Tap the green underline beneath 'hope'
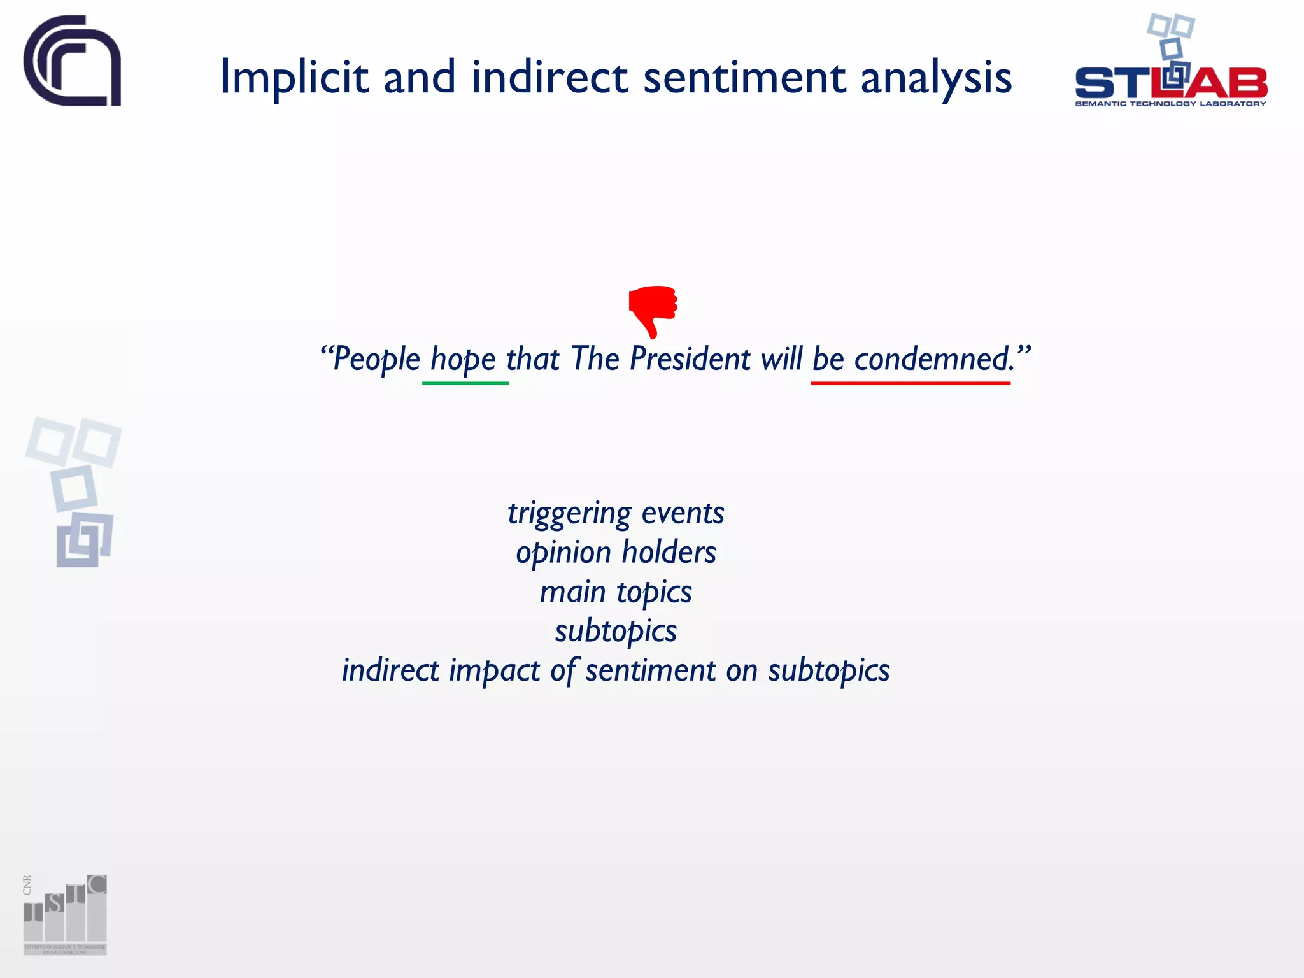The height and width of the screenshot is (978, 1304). (465, 383)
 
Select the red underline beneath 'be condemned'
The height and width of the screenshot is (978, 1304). (910, 383)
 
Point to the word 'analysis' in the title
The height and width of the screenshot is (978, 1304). (935, 78)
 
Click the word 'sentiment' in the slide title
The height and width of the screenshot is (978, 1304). (744, 78)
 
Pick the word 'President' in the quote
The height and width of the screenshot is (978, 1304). (690, 358)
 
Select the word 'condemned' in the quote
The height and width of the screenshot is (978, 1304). (932, 358)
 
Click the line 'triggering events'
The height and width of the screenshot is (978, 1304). (616, 513)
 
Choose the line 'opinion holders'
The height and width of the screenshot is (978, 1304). (616, 553)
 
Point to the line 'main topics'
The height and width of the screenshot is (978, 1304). (616, 592)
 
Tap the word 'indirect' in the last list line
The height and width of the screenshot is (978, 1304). (390, 670)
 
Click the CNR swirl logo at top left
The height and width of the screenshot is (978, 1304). (72, 61)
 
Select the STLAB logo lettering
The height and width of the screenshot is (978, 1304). (1170, 83)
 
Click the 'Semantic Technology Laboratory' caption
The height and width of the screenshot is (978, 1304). (1170, 104)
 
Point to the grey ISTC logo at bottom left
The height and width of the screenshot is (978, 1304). (65, 914)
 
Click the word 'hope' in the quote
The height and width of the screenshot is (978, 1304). (463, 360)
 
